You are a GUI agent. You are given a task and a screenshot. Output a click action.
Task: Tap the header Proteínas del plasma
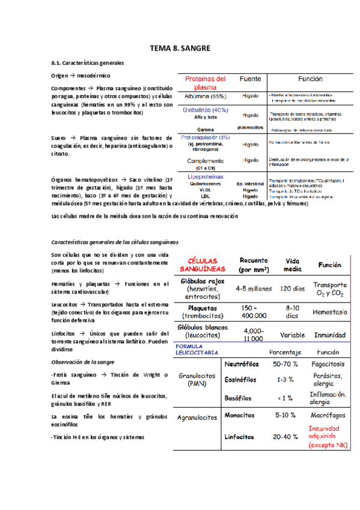[x=205, y=83]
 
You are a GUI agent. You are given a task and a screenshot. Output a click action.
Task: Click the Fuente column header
[x=250, y=79]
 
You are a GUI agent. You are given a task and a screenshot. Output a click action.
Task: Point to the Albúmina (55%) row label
[x=206, y=96]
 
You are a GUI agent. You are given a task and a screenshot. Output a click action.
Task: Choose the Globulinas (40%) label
[x=206, y=110]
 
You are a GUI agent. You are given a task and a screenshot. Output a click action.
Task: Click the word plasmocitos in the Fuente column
[x=250, y=127]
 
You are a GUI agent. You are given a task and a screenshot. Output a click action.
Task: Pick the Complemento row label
[x=206, y=161]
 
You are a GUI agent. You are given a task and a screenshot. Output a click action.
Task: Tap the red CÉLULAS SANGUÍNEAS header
[x=203, y=265]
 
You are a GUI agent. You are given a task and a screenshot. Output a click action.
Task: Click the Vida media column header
[x=293, y=265]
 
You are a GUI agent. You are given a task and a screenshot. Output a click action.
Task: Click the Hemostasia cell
[x=330, y=312]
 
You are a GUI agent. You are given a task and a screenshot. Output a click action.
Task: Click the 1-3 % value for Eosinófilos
[x=285, y=380]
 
